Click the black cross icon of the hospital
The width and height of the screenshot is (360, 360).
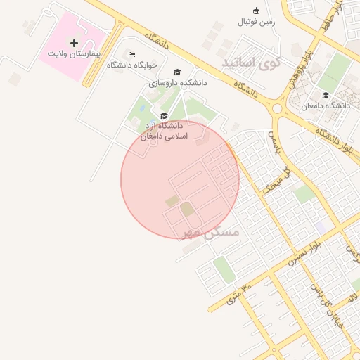point(75,43)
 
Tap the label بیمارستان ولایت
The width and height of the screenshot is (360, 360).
point(75,53)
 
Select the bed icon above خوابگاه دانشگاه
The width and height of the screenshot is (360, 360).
point(131,54)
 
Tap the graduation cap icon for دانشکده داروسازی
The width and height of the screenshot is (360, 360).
point(177,72)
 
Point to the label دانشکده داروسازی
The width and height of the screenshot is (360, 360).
point(178,82)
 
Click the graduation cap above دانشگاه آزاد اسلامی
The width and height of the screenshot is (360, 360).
point(164,116)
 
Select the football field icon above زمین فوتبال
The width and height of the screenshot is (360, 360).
point(256,11)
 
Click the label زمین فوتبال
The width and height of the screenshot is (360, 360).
point(256,22)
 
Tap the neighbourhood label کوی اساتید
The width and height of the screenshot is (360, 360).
point(251,63)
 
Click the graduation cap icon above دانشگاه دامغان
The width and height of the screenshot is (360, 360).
point(325,95)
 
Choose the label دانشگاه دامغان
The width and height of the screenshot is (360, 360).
point(325,105)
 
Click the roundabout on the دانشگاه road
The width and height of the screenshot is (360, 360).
point(276,108)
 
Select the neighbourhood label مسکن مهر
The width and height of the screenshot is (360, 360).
point(211,231)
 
